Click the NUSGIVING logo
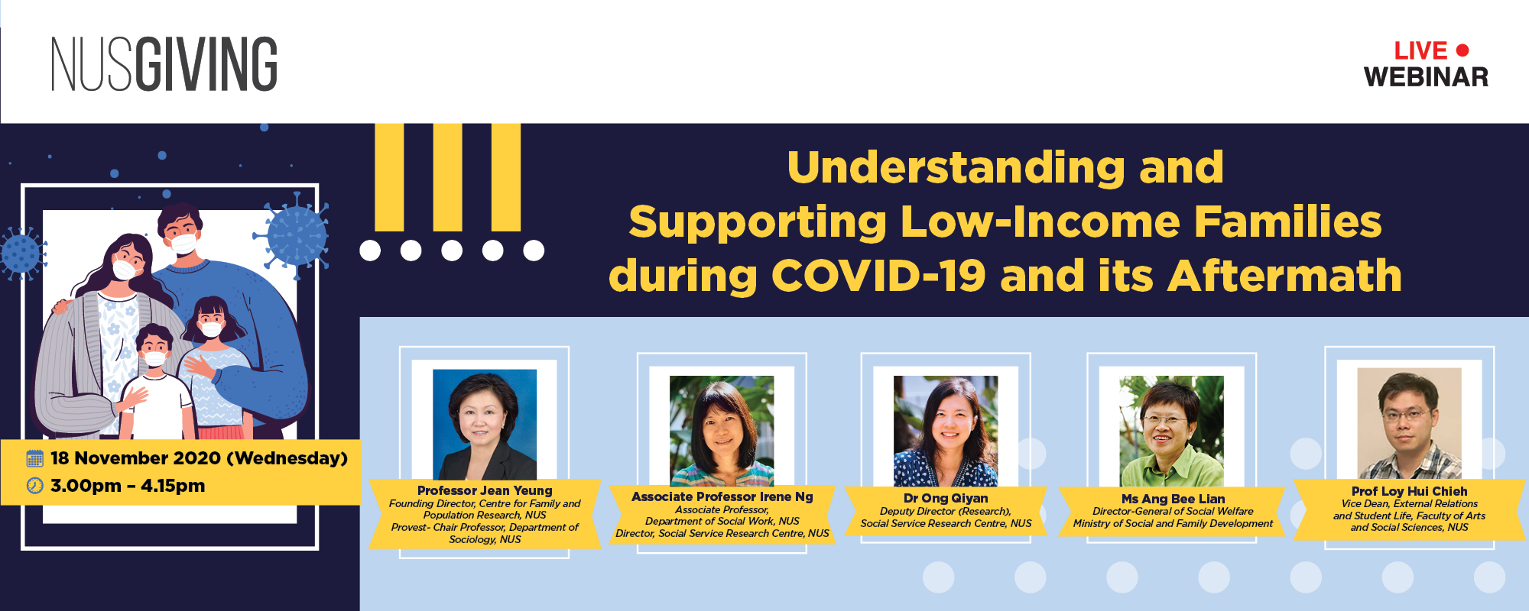pyautogui.click(x=164, y=64)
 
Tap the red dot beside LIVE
pyautogui.click(x=1462, y=50)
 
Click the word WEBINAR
pyautogui.click(x=1426, y=77)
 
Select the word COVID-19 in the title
pyautogui.click(x=878, y=276)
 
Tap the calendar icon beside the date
pyautogui.click(x=35, y=458)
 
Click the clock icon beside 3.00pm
pyautogui.click(x=35, y=485)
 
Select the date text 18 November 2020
pyautogui.click(x=135, y=458)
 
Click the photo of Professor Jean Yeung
pyautogui.click(x=485, y=425)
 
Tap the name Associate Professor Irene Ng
pyautogui.click(x=722, y=496)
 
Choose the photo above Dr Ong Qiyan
pyautogui.click(x=946, y=431)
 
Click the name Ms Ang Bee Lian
pyautogui.click(x=1173, y=499)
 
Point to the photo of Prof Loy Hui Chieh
pyautogui.click(x=1409, y=423)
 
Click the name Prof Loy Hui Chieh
pyautogui.click(x=1409, y=491)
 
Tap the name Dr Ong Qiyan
pyautogui.click(x=946, y=498)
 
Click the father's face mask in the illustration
pyautogui.click(x=183, y=244)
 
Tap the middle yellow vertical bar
pyautogui.click(x=447, y=177)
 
